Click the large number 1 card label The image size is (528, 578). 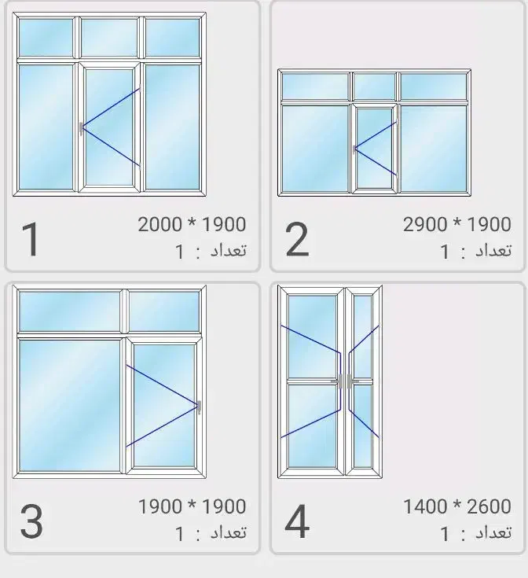pyautogui.click(x=31, y=239)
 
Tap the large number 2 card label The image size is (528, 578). pyautogui.click(x=297, y=239)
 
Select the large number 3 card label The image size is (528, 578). pyautogui.click(x=31, y=521)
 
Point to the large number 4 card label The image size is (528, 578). pyautogui.click(x=297, y=521)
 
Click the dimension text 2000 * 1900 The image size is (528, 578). pyautogui.click(x=192, y=224)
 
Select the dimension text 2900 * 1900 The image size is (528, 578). pyautogui.click(x=457, y=224)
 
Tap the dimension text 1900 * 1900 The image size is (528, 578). pyautogui.click(x=192, y=506)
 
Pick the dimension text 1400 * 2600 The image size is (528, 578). pyautogui.click(x=457, y=506)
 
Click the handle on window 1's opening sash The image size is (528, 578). pyautogui.click(x=81, y=128)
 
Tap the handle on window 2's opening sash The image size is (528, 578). pyautogui.click(x=354, y=149)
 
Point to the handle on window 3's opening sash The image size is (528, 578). pyautogui.click(x=200, y=407)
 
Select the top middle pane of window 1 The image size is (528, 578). pyautogui.click(x=109, y=38)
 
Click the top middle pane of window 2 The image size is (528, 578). pyautogui.click(x=374, y=87)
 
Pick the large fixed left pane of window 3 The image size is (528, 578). pyautogui.click(x=70, y=405)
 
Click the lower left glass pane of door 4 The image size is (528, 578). pyautogui.click(x=312, y=426)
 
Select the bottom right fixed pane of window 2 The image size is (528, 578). pyautogui.click(x=434, y=149)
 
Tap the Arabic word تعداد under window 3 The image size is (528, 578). pyautogui.click(x=229, y=532)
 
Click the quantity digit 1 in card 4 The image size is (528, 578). pyautogui.click(x=445, y=533)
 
